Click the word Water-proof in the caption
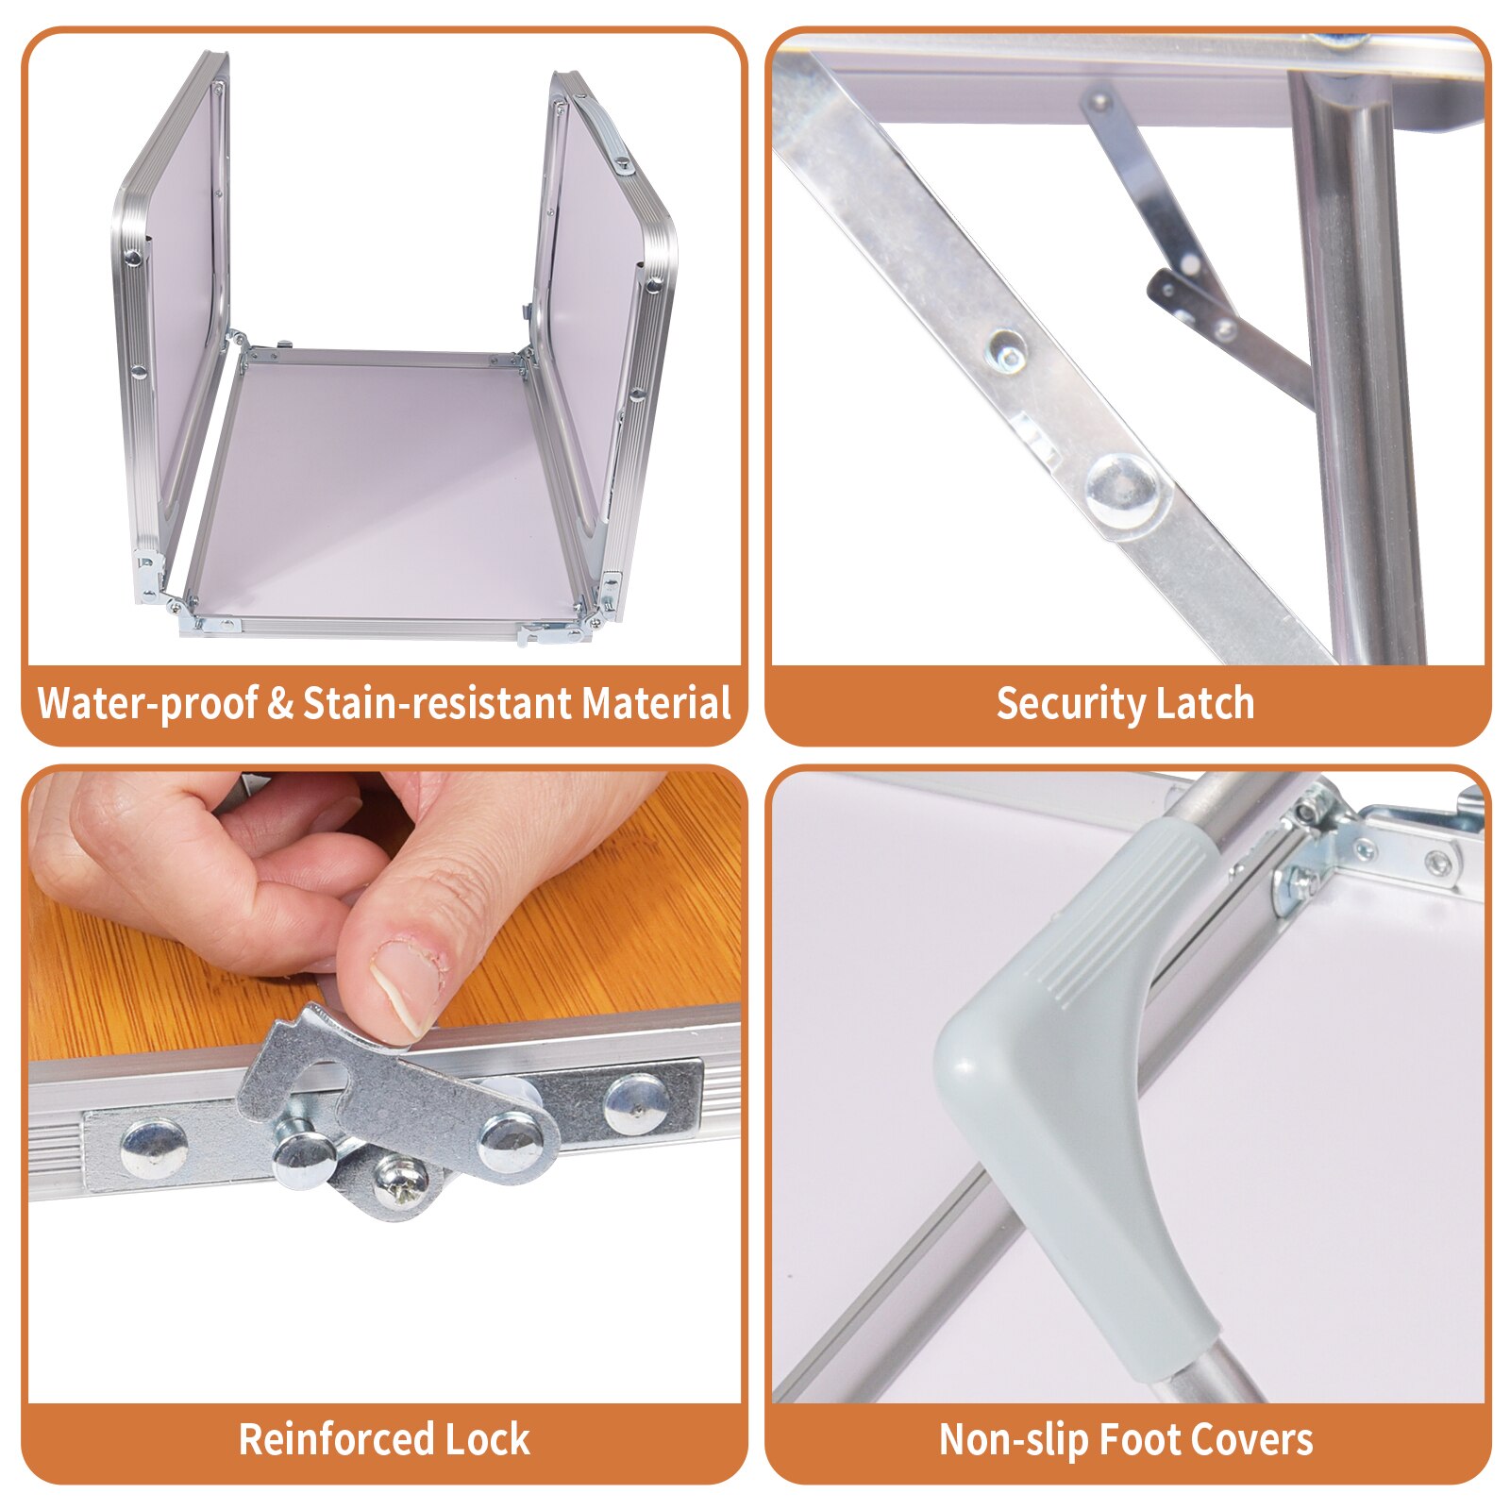146,704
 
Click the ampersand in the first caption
280,705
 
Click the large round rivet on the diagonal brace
1122,489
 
